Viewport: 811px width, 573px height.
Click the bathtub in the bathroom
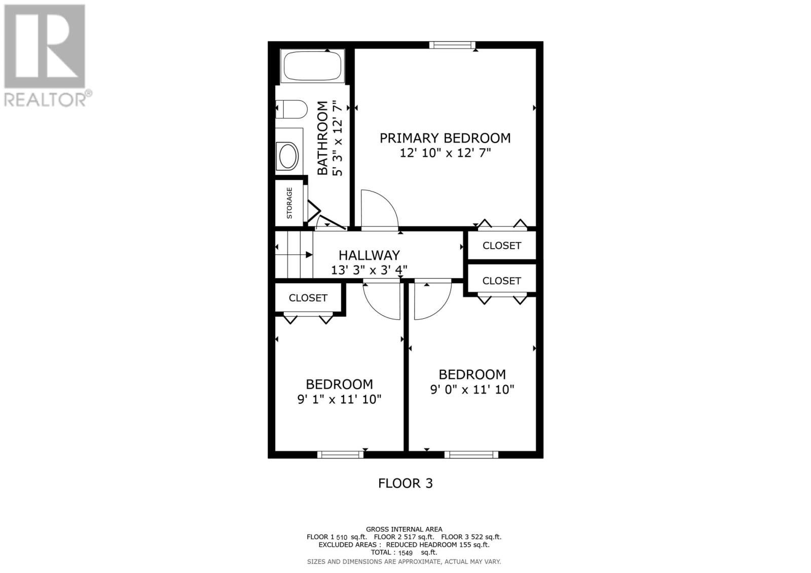click(312, 66)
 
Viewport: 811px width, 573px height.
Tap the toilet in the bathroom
click(292, 109)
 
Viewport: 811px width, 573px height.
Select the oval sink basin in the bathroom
click(288, 156)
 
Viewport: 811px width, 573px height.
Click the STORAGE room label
click(289, 203)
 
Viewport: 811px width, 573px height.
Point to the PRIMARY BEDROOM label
click(445, 138)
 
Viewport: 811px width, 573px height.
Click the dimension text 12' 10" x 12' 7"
click(445, 153)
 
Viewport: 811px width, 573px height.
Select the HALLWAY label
click(369, 255)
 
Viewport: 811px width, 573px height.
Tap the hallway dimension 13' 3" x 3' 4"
click(369, 270)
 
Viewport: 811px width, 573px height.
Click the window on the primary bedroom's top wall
click(452, 45)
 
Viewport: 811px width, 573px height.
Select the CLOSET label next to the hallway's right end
click(501, 246)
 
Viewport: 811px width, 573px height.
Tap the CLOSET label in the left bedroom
click(308, 298)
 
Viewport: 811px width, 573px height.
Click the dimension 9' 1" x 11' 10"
click(339, 399)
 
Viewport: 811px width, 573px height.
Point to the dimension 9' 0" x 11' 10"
click(472, 390)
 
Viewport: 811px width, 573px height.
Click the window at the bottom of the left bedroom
click(340, 454)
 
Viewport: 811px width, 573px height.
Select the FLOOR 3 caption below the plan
click(405, 483)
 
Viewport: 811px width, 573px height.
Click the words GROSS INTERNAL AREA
click(404, 529)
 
